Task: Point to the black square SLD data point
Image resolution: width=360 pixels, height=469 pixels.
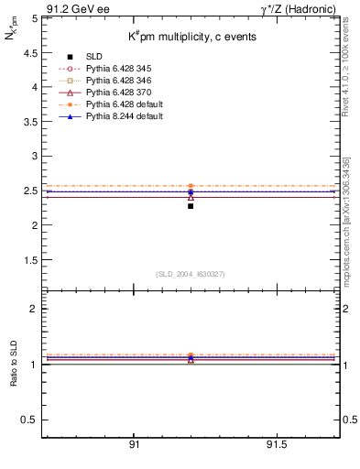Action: [x=191, y=206]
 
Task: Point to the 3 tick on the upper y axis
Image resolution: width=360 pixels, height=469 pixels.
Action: [x=34, y=156]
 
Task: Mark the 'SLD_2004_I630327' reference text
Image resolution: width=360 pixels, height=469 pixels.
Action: [x=190, y=274]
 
